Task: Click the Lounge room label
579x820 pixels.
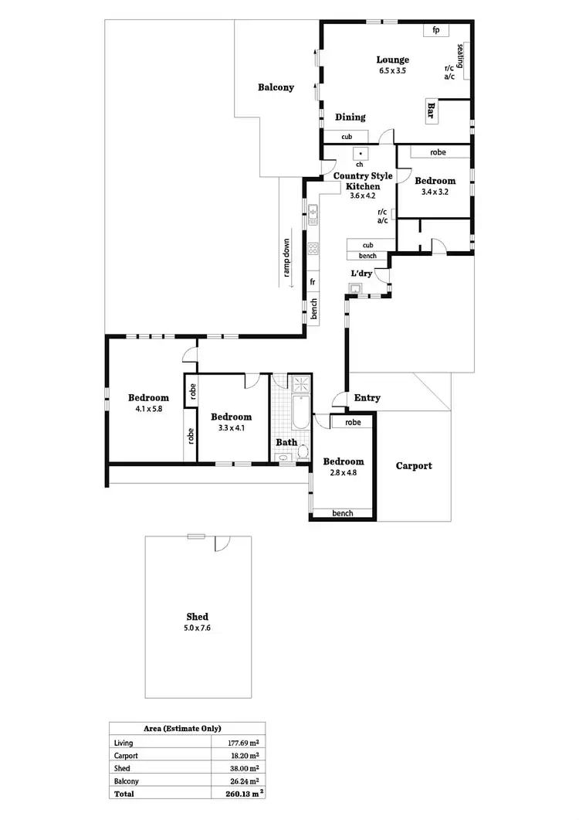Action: point(392,60)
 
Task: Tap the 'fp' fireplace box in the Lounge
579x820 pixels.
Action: point(436,30)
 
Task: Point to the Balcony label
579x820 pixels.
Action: point(276,88)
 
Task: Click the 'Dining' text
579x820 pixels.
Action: point(350,117)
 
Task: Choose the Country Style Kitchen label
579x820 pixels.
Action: point(363,181)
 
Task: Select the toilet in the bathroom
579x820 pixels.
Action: point(304,451)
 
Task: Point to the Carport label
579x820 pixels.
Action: point(414,466)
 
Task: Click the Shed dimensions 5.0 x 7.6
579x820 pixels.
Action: point(197,628)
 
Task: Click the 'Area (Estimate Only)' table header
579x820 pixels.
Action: point(183,728)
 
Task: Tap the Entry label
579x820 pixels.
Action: point(367,398)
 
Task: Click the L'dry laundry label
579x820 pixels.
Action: point(362,274)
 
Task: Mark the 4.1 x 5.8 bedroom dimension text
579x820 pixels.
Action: point(148,409)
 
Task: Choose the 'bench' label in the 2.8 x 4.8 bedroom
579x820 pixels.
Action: point(342,513)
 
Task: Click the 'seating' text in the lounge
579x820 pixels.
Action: point(460,56)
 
